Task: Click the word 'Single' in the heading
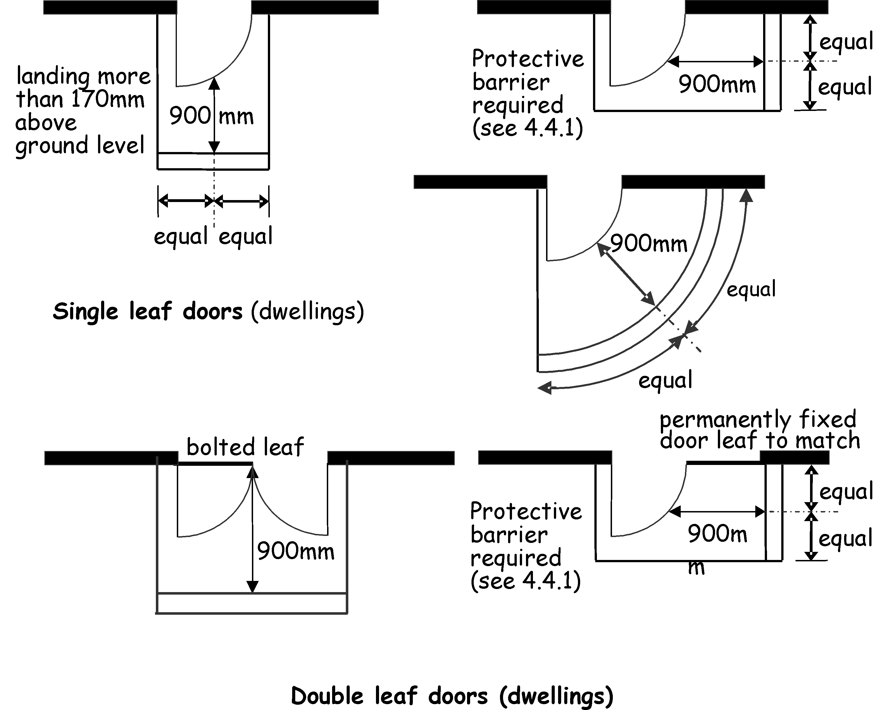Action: (85, 312)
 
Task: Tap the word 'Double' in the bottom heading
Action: (327, 696)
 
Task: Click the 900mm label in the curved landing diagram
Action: (648, 243)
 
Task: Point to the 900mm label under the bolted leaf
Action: (296, 551)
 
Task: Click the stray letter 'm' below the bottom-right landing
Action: (696, 568)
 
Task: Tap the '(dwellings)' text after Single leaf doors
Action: (308, 312)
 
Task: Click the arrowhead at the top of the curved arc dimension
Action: (746, 195)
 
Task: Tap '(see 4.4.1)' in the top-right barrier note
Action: (527, 128)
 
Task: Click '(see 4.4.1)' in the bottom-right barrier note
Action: (526, 581)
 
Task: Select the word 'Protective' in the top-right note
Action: (528, 58)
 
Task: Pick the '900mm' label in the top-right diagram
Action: (717, 85)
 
